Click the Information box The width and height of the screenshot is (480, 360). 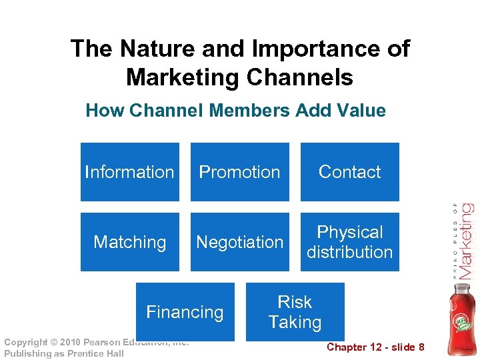pyautogui.click(x=130, y=172)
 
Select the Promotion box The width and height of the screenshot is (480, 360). pyautogui.click(x=240, y=172)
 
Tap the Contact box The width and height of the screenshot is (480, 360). pyautogui.click(x=350, y=172)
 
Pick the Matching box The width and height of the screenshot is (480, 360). pyautogui.click(x=130, y=242)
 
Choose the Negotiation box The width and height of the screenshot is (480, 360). pyautogui.click(x=240, y=242)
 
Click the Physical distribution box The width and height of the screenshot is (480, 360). pyautogui.click(x=350, y=242)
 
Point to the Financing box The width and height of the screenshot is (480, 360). pyautogui.click(x=185, y=311)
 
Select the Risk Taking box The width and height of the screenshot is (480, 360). pyautogui.click(x=295, y=311)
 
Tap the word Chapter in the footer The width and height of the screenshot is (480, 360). pyautogui.click(x=346, y=347)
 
